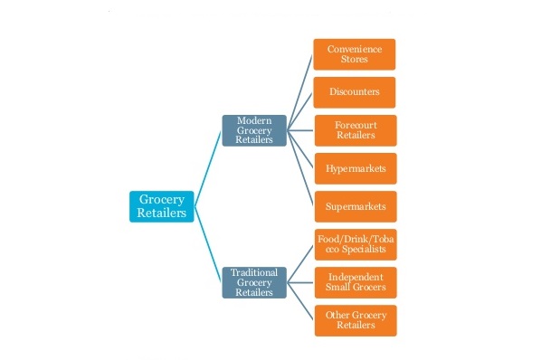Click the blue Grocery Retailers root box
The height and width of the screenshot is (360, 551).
point(162,206)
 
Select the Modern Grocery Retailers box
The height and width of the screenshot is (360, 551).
point(254,130)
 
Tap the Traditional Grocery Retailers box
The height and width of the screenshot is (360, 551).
point(254,281)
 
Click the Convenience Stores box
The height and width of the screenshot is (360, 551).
point(355,54)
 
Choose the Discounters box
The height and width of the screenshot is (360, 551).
point(355,92)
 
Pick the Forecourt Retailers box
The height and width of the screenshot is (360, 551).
point(355,130)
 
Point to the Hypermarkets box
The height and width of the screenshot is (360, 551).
point(355,168)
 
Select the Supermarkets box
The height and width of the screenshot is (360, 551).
point(355,206)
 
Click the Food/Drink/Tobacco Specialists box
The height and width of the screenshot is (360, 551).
point(355,244)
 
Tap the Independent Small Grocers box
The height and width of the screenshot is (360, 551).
point(355,281)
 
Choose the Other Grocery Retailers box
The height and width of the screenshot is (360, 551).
point(355,319)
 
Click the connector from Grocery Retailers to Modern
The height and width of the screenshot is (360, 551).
point(208,163)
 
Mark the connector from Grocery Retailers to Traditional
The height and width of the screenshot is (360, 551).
point(208,249)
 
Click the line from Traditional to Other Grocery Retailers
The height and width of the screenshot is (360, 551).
point(301,303)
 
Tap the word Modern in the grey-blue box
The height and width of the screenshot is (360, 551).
point(254,120)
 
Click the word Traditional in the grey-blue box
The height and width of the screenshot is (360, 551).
point(254,271)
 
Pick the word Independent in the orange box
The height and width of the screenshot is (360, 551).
point(355,276)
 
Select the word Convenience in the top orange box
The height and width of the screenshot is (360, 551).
point(355,49)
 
